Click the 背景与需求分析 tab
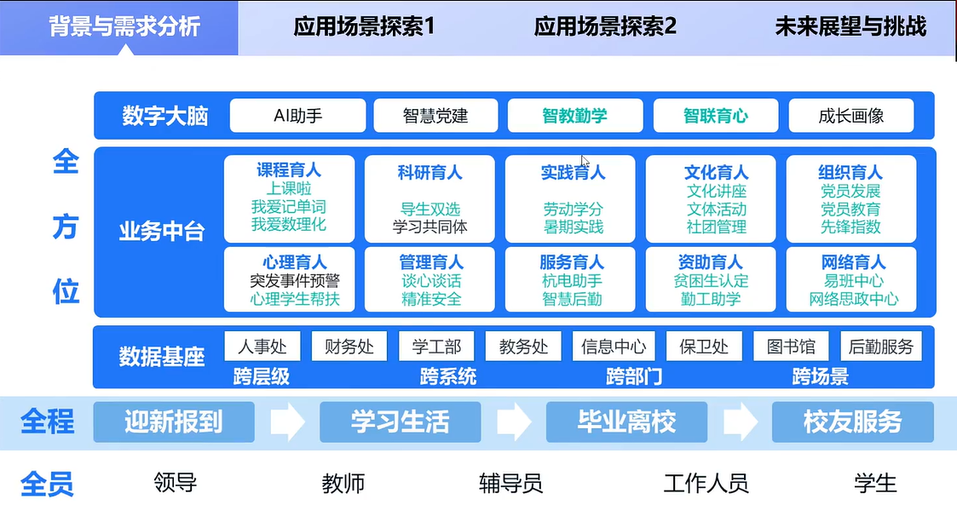[x=124, y=27]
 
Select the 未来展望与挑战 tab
[x=850, y=27]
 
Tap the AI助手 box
[x=298, y=115]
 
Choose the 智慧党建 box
[x=435, y=115]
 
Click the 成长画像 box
[x=850, y=115]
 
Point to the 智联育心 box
[x=715, y=115]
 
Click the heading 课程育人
[x=289, y=170]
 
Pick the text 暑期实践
[x=574, y=226]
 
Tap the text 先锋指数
[x=850, y=226]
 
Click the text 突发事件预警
[x=294, y=281]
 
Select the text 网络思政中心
[x=853, y=299]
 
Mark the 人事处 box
[x=262, y=347]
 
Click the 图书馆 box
[x=791, y=347]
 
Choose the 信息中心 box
[x=614, y=347]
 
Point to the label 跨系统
[x=448, y=376]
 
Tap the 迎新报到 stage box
[x=174, y=421]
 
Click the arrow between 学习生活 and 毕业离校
[x=514, y=421]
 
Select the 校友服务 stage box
[x=853, y=421]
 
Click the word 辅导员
[x=510, y=483]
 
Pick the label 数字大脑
[x=164, y=116]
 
